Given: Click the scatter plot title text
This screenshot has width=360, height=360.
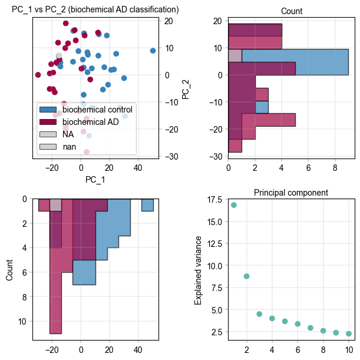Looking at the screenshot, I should click(95, 9).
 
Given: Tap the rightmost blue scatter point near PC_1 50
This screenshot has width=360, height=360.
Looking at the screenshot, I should click(153, 51).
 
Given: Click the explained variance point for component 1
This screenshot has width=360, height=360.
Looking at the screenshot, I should click(234, 205).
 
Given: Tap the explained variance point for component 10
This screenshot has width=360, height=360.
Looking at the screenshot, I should click(349, 333).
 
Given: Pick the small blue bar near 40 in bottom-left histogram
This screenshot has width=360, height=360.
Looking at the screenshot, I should click(147, 205).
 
